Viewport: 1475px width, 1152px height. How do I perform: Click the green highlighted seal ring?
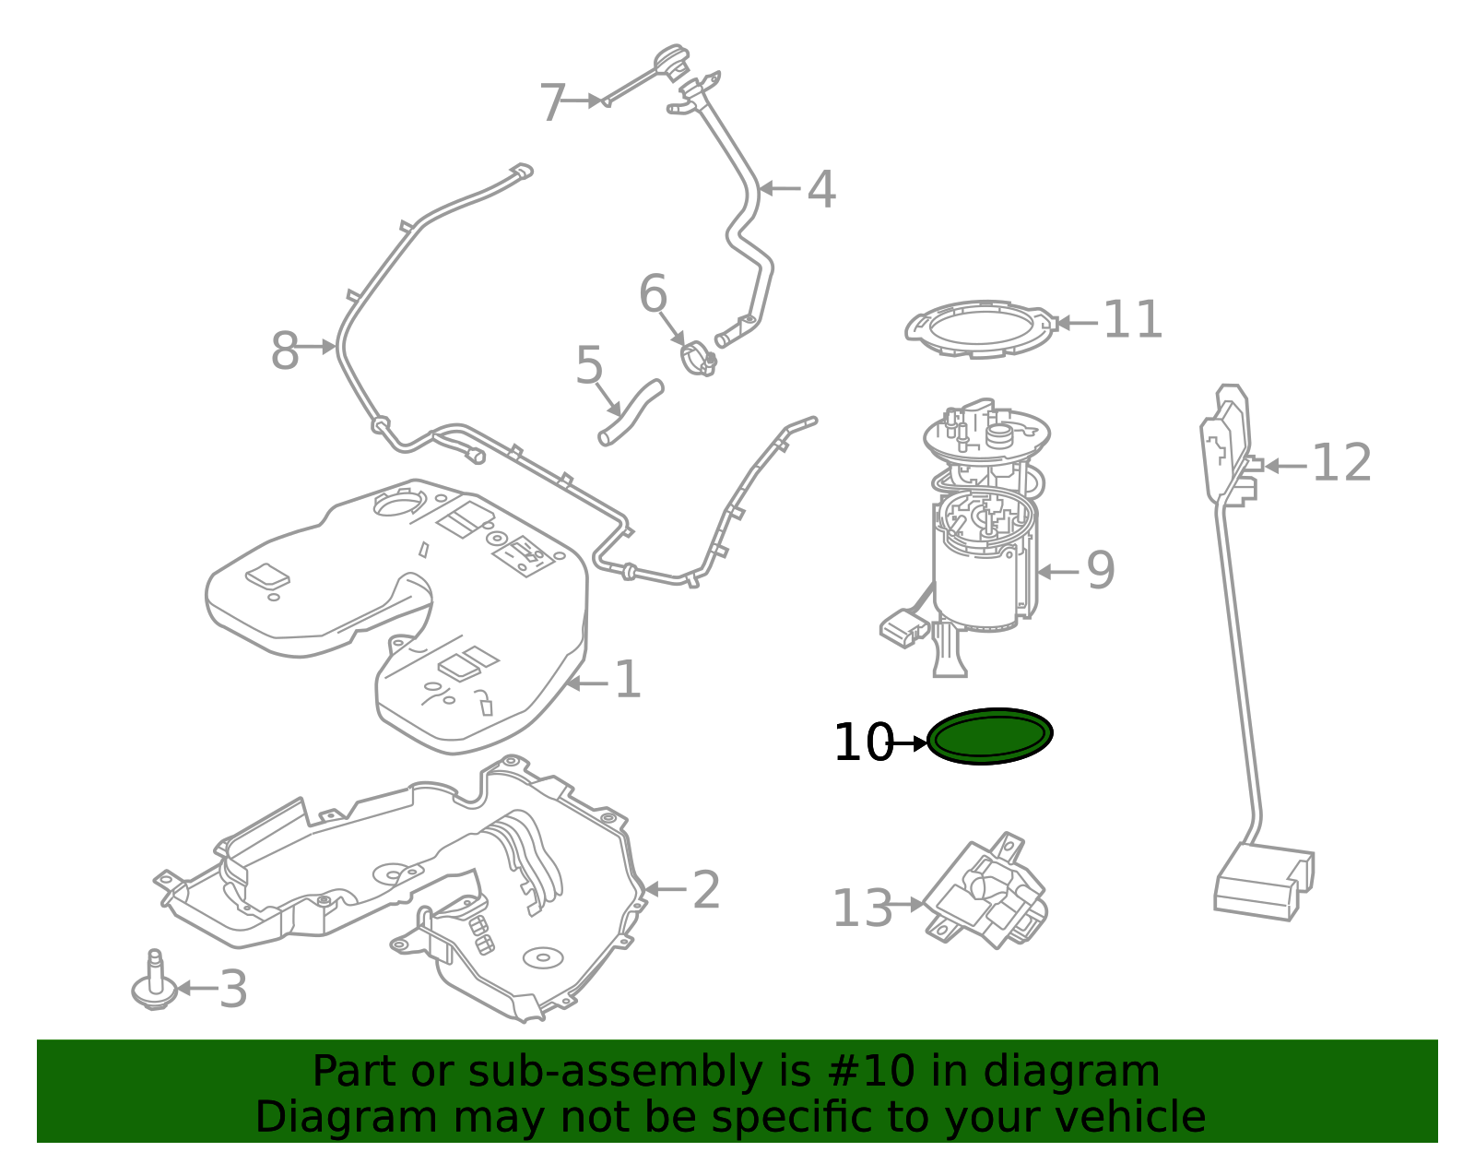989,737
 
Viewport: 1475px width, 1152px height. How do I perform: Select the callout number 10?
862,742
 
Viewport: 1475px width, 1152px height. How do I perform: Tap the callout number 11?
1132,320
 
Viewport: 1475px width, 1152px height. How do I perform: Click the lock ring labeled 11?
979,328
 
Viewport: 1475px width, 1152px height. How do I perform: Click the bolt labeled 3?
154,984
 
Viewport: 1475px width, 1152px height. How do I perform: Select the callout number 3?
232,990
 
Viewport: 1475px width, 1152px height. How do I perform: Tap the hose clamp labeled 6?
698,358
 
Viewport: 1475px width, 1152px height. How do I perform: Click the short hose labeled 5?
631,412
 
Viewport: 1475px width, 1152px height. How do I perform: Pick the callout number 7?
551,102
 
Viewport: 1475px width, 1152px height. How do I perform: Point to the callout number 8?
285,351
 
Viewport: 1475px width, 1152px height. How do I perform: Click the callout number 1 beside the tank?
627,681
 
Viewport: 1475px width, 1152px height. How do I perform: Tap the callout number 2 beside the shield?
705,890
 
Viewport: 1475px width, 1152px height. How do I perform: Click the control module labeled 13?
986,893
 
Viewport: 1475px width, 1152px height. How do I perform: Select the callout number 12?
1340,463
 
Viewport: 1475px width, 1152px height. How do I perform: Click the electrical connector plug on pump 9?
903,630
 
